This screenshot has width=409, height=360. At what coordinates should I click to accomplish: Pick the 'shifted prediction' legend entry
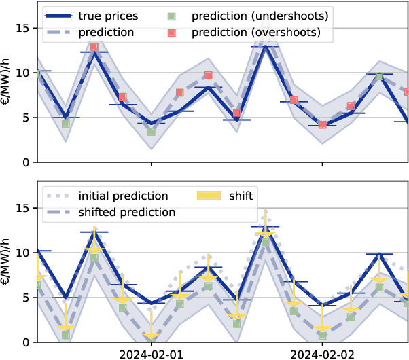127,212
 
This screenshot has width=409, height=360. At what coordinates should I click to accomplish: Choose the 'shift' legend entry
240,196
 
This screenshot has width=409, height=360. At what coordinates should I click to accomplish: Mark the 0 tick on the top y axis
26,162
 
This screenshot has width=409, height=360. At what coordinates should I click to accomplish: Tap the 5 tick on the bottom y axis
26,298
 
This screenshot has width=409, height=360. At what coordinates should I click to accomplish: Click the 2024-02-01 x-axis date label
151,354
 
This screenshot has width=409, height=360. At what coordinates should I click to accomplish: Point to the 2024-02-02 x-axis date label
322,354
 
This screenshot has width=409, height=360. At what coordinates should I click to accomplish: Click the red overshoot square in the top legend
172,32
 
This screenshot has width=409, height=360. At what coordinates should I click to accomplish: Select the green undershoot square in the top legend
172,15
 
